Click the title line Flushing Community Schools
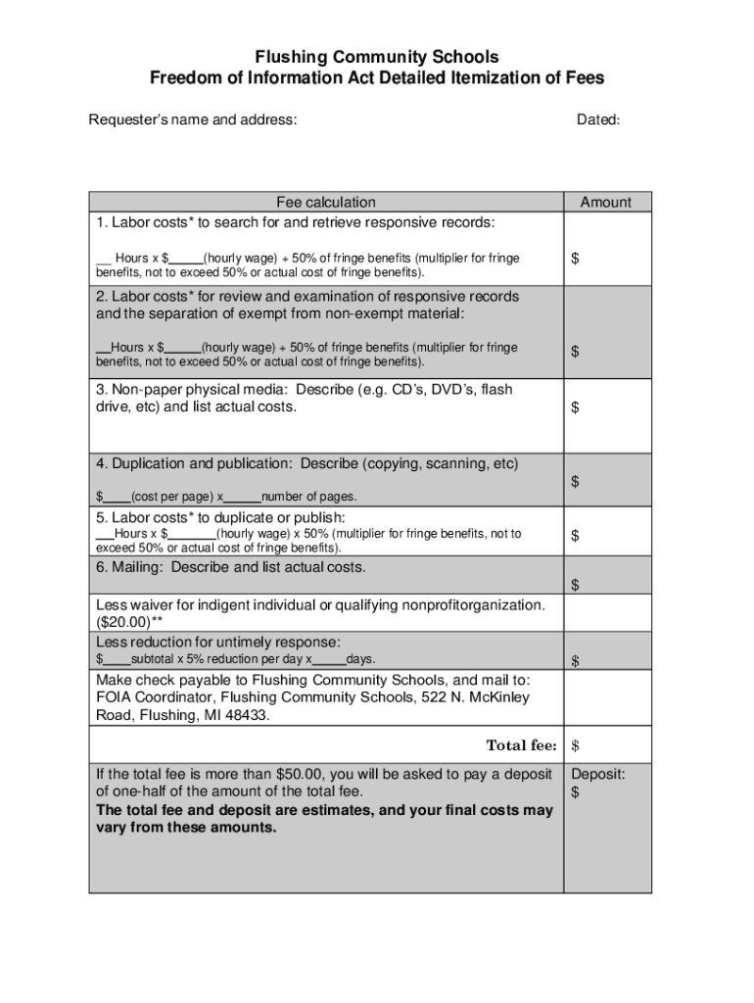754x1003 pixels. [x=377, y=57]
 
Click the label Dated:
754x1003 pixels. [x=597, y=120]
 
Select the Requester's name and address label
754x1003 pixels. [x=193, y=120]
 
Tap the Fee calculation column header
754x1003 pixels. [x=325, y=202]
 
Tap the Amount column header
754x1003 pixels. [x=606, y=202]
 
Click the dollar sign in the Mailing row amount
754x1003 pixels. [x=576, y=586]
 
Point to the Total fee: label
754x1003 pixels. [x=521, y=745]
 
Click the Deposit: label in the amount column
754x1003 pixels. [x=598, y=774]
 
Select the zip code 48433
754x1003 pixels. [x=246, y=715]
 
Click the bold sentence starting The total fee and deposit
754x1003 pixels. [x=323, y=819]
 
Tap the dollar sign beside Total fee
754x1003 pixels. [x=576, y=746]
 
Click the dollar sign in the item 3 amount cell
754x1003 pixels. [x=576, y=408]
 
